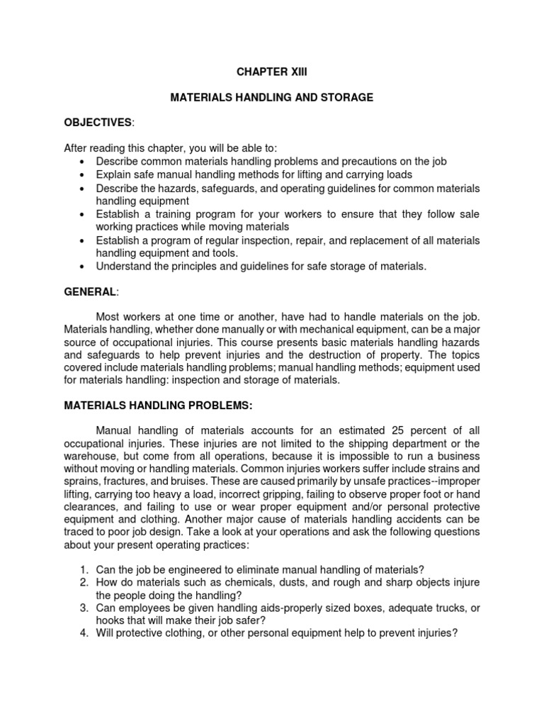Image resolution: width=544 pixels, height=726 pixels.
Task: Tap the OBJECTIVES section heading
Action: [97, 123]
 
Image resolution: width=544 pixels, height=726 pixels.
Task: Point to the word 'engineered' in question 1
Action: [183, 569]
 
